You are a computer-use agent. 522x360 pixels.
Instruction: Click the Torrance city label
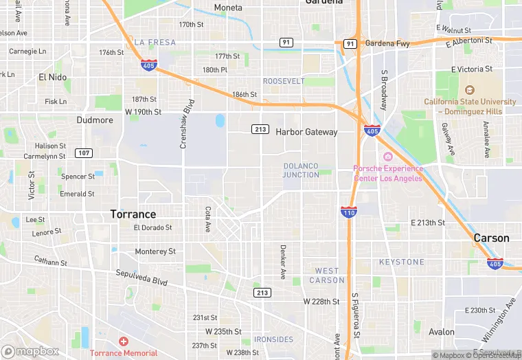coord(133,214)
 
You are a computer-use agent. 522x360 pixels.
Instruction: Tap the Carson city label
coord(491,238)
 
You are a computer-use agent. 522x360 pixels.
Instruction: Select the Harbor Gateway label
coord(306,132)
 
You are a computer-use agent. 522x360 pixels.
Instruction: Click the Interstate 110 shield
coord(348,212)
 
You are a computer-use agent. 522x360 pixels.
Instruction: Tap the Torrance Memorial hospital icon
coord(124,341)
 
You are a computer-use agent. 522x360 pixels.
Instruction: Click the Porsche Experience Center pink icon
coord(387,157)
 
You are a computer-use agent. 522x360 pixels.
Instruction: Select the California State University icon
coord(470,90)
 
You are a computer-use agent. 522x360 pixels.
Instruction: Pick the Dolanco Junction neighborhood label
coord(301,170)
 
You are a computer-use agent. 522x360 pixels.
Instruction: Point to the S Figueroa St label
coord(355,317)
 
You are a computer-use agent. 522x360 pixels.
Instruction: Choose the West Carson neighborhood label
coord(327,275)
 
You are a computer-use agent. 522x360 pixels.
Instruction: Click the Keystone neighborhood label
coord(402,262)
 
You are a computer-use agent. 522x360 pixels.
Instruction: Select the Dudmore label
coord(95,120)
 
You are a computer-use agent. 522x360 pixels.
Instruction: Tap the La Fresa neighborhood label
coord(155,42)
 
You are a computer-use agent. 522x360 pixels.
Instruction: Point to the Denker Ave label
coord(282,262)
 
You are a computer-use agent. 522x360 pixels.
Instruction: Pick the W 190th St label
coord(143,111)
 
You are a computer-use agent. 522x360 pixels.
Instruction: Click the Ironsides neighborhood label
coord(273,339)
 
